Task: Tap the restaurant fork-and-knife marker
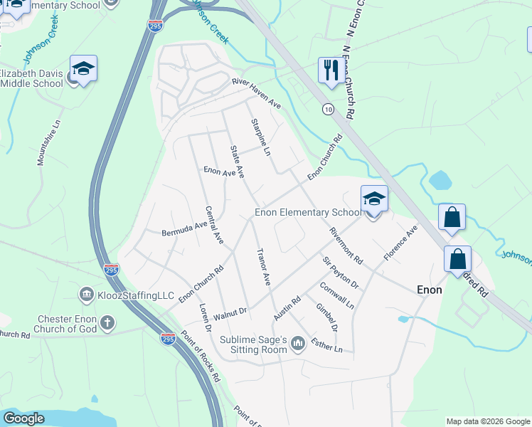[x=329, y=70]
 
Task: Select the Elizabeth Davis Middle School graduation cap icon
[x=83, y=68]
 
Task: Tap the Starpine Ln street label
[x=261, y=137]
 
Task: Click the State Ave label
[x=237, y=162]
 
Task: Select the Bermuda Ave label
[x=183, y=229]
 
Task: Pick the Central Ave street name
[x=214, y=226]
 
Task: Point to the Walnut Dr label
[x=230, y=312]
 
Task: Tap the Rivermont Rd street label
[x=346, y=245]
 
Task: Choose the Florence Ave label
[x=400, y=243]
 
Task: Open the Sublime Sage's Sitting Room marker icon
[x=298, y=345]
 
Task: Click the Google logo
[x=23, y=418]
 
